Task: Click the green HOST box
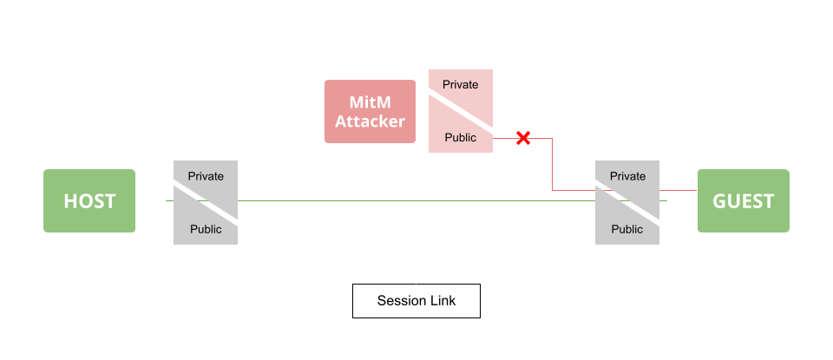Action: (x=89, y=201)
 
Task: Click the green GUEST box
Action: (x=743, y=201)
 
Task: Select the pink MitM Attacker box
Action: (x=371, y=111)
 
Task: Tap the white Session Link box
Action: (x=416, y=301)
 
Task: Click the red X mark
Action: (x=523, y=137)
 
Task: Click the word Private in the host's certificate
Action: (x=206, y=176)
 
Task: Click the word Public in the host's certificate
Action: (x=206, y=229)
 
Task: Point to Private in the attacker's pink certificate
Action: (x=460, y=84)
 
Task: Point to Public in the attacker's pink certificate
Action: (x=460, y=137)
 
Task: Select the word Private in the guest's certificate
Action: (x=627, y=176)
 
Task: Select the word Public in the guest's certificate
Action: (x=627, y=229)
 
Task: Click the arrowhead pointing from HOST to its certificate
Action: (x=162, y=201)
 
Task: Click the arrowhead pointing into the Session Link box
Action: (x=417, y=280)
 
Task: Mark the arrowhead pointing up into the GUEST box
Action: (x=743, y=237)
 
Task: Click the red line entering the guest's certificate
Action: (x=574, y=190)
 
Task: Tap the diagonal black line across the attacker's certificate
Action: (x=461, y=111)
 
